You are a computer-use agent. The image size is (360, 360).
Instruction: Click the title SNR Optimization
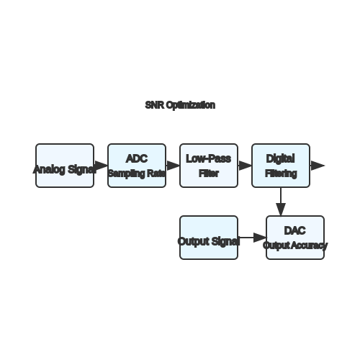click(180, 105)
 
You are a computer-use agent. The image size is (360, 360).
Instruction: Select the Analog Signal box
click(65, 166)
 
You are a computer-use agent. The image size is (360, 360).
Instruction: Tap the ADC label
click(137, 158)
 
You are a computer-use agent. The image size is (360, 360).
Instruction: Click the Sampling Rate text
click(137, 174)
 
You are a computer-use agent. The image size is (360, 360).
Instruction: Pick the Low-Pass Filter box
click(209, 166)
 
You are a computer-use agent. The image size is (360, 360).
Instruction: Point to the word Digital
click(280, 158)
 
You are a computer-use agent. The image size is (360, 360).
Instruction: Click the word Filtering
click(281, 174)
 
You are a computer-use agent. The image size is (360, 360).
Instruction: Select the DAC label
click(294, 230)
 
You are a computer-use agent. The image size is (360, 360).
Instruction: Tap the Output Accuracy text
click(295, 246)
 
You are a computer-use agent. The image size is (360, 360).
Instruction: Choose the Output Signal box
click(209, 238)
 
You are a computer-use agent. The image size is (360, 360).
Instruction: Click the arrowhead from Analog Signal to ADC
click(102, 166)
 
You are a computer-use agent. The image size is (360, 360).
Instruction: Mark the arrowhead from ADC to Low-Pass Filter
click(173, 166)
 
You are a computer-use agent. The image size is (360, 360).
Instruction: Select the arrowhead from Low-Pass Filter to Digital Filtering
click(245, 166)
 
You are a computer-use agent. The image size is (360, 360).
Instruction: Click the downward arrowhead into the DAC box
click(281, 210)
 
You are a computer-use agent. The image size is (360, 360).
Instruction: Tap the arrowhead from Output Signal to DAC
click(260, 238)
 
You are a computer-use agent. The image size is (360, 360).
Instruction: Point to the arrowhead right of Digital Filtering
click(318, 166)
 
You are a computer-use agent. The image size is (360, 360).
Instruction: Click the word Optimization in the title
click(191, 105)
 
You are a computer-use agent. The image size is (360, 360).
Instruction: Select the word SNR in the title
click(155, 105)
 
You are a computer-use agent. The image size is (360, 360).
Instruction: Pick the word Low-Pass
click(209, 158)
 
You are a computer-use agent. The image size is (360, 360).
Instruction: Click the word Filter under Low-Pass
click(209, 174)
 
